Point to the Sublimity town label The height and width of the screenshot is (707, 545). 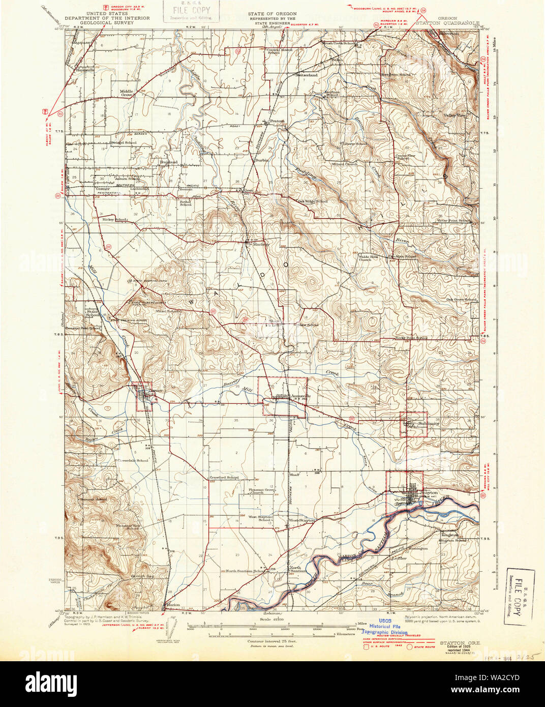click(428, 423)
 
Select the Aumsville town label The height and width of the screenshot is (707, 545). click(299, 396)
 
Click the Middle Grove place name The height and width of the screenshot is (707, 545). click(127, 93)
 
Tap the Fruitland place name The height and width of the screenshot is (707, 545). click(168, 162)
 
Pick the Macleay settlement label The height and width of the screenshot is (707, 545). click(261, 244)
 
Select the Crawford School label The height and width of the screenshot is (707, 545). click(224, 478)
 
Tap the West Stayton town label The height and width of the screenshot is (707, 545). click(301, 521)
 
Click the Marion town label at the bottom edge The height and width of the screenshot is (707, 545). click(173, 605)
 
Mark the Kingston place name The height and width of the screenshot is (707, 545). click(450, 535)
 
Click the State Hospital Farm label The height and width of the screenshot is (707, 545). click(148, 280)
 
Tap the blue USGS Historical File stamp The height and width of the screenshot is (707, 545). click(388, 628)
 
